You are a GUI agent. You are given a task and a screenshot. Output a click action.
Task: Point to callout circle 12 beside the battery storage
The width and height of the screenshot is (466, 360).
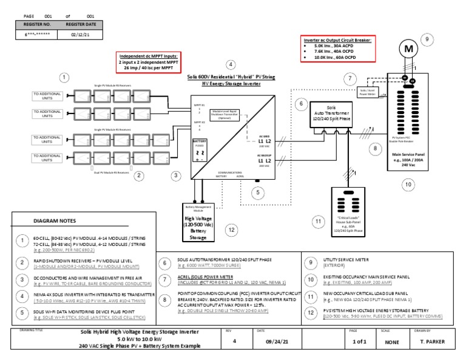coord(231,229)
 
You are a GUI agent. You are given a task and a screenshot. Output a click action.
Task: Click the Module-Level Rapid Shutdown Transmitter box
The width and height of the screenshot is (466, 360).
coord(225,115)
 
